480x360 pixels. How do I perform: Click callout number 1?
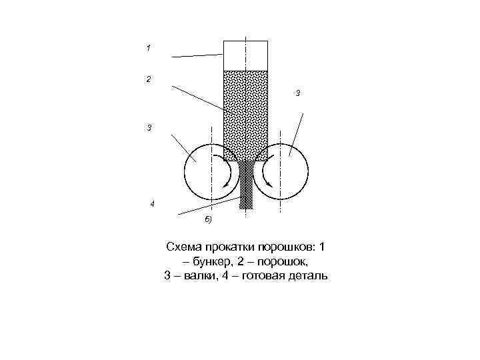click(x=148, y=48)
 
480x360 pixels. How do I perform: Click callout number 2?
click(x=148, y=79)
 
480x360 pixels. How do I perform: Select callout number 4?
click(x=152, y=203)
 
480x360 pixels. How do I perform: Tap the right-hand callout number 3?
click(x=297, y=93)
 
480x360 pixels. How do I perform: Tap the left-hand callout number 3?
click(x=149, y=127)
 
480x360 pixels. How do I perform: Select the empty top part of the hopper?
click(x=245, y=55)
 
